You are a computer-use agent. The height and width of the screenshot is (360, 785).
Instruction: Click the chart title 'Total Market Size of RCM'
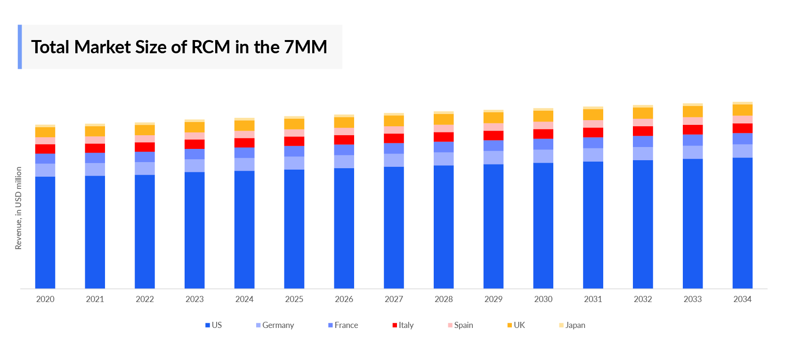click(179, 47)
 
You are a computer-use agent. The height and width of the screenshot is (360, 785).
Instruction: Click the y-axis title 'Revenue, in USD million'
click(18, 208)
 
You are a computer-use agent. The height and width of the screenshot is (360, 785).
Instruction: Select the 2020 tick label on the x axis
click(45, 299)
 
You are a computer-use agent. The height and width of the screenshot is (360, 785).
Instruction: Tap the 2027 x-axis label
click(394, 299)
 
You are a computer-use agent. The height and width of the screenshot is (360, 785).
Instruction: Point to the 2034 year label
click(742, 299)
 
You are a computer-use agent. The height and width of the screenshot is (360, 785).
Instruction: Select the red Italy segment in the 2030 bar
click(543, 134)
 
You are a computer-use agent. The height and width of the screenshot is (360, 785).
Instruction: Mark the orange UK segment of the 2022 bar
click(145, 130)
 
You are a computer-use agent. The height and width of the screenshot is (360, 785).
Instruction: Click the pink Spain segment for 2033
click(693, 121)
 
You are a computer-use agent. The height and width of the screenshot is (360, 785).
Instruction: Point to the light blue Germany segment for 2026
click(344, 162)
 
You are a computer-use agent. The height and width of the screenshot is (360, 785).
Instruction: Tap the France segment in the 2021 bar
click(95, 158)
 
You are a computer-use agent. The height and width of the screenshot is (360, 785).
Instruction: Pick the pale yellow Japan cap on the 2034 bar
click(742, 103)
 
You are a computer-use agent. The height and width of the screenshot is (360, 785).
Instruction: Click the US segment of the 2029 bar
click(493, 226)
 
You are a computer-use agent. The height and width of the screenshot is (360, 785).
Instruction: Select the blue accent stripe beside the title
click(20, 47)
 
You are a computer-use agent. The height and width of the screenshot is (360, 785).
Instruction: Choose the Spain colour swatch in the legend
click(450, 325)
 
